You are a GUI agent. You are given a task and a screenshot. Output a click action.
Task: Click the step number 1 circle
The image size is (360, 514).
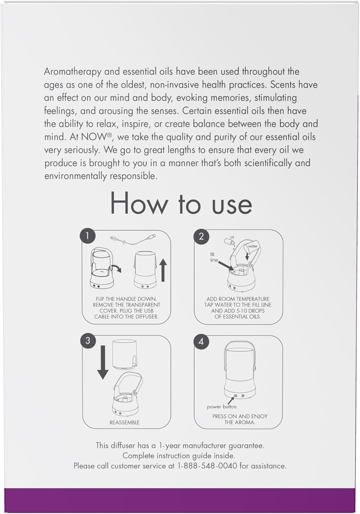click(x=87, y=236)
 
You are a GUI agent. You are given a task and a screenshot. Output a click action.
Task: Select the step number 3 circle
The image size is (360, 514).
click(x=88, y=341)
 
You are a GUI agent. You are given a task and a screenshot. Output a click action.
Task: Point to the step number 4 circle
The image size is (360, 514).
click(x=201, y=342)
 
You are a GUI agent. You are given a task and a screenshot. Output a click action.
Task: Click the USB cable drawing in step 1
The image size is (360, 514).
click(x=133, y=240)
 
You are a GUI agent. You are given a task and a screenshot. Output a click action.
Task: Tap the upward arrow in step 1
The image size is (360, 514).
click(x=163, y=270)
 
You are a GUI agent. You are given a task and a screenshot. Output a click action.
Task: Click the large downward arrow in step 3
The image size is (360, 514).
click(x=103, y=362)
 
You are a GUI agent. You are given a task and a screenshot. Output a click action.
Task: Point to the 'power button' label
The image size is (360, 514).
click(x=221, y=407)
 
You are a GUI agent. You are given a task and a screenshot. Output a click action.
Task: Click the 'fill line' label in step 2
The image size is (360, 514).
click(x=214, y=257)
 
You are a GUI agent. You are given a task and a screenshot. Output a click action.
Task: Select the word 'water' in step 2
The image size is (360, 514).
click(x=253, y=246)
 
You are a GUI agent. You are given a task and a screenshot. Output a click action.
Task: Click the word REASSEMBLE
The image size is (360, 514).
click(x=124, y=423)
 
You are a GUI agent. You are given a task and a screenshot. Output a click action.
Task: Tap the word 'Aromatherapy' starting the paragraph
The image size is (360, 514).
click(x=73, y=72)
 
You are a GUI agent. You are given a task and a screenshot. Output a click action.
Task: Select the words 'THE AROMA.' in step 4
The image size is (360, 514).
click(x=240, y=422)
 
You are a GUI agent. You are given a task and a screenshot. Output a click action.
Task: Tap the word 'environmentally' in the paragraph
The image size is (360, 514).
click(x=75, y=176)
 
